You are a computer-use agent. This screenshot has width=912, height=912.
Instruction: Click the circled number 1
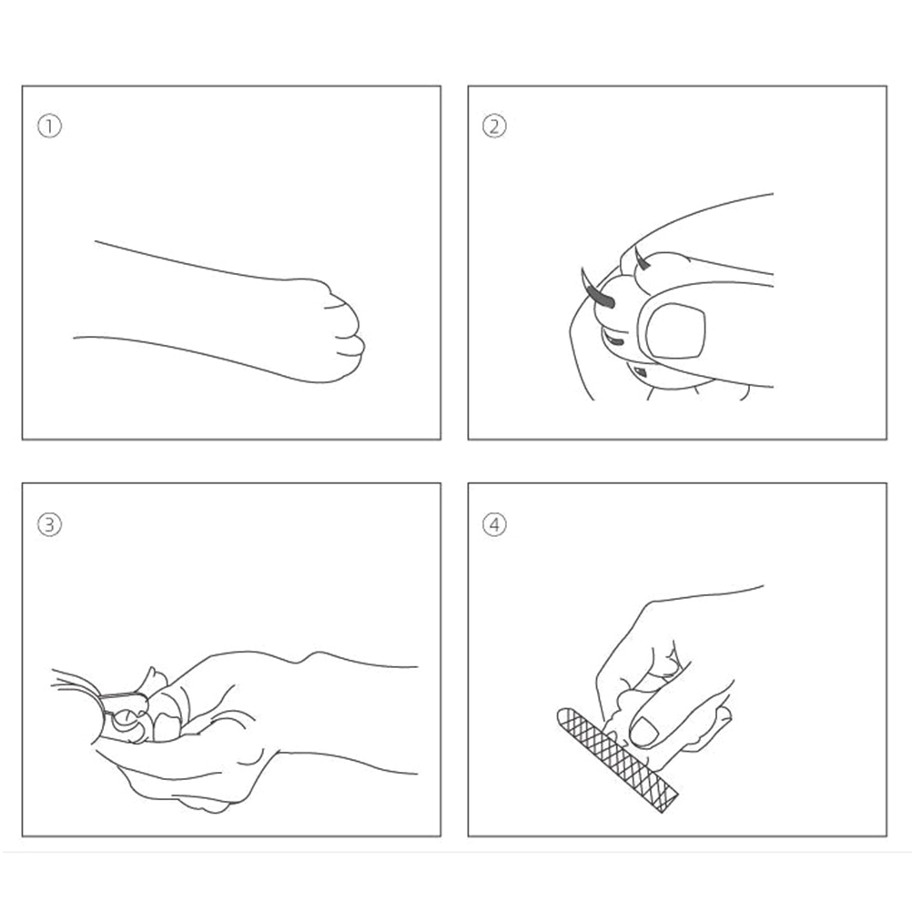point(49,127)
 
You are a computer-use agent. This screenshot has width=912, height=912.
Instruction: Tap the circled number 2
point(494,127)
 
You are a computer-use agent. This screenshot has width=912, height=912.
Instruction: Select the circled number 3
point(49,524)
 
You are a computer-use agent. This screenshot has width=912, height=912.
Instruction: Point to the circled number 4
point(494,524)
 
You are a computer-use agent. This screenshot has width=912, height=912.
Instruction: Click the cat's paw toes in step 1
point(342,331)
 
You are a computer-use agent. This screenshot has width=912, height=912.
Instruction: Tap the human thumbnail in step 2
point(676,329)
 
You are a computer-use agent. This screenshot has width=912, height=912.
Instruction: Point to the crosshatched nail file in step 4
point(618,760)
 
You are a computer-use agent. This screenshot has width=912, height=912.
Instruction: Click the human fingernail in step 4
point(643,732)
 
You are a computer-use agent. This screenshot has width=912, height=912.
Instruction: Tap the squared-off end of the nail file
point(670,802)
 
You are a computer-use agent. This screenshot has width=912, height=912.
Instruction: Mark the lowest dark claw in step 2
point(639,371)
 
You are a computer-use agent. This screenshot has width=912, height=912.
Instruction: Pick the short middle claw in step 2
point(613,340)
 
